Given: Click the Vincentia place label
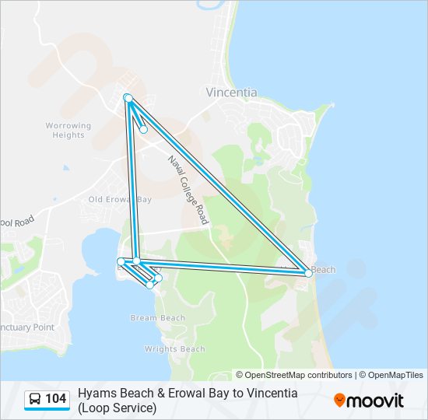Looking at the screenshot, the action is (x=231, y=92).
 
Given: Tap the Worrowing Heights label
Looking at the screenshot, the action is (x=68, y=130).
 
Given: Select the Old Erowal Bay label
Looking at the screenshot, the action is (x=119, y=200).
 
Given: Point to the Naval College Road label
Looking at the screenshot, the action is (x=188, y=190).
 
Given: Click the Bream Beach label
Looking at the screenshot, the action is (x=158, y=318).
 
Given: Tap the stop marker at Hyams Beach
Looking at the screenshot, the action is (x=308, y=273).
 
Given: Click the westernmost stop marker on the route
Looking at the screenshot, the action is (x=121, y=261).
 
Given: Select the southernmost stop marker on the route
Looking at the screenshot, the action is (x=150, y=285).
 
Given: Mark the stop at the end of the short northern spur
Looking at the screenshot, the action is (x=143, y=130).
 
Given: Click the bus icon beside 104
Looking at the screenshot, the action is (x=35, y=400).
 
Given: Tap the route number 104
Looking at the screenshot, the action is (x=56, y=400).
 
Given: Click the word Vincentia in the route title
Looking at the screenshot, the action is (x=272, y=394).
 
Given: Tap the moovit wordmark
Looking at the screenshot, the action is (x=375, y=401).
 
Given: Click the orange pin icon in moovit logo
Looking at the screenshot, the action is (x=339, y=401).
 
